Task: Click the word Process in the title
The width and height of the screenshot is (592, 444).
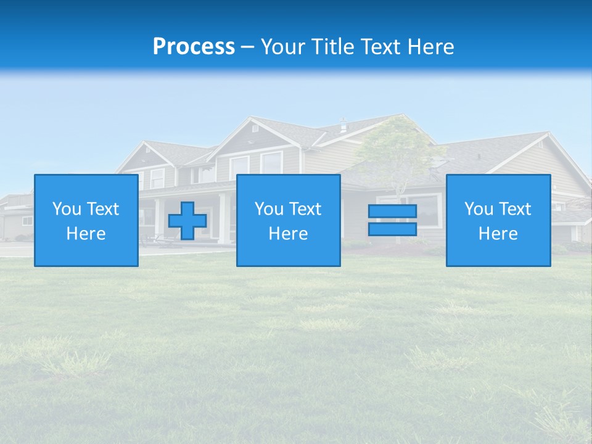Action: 194,47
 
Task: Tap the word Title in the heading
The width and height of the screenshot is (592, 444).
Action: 333,47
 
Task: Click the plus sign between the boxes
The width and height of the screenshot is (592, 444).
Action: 187,221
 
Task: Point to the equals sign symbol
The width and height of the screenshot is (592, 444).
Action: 392,220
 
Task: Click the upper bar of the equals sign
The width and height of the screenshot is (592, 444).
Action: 392,212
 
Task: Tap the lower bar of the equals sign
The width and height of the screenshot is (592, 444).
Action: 392,229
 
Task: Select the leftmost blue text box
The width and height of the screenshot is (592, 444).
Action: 86,220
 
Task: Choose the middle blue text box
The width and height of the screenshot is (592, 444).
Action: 288,220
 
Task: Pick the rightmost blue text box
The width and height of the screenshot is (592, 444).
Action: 498,220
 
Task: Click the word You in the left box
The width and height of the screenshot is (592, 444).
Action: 67,209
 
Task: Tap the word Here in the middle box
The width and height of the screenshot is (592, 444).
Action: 288,234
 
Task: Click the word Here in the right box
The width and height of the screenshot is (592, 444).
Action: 498,234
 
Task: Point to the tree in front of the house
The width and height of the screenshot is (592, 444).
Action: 395,151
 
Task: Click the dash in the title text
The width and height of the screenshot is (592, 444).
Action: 248,47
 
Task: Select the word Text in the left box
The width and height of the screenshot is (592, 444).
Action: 103,209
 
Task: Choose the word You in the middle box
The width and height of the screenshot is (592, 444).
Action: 269,209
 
